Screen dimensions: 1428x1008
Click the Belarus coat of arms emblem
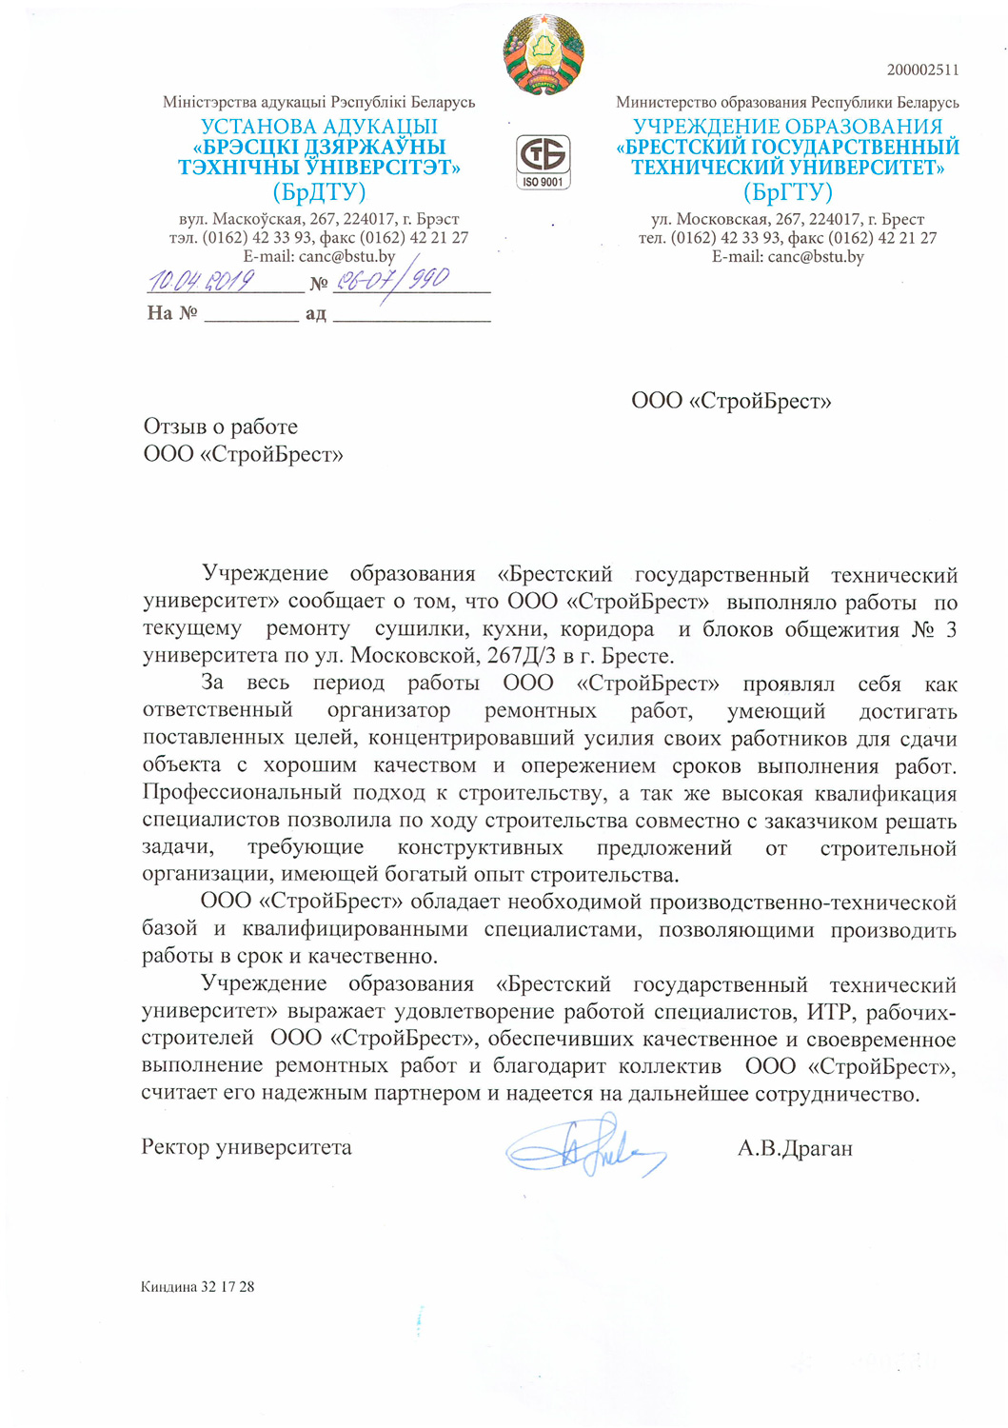coord(544,54)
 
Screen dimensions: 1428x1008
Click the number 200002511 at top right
coord(922,69)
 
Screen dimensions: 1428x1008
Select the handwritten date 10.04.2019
coord(202,280)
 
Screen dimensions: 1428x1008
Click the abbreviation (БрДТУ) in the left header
coord(319,192)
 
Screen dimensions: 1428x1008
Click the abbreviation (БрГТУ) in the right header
coord(787,192)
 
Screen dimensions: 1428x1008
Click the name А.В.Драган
coord(795,1148)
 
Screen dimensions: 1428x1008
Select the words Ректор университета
coord(247,1147)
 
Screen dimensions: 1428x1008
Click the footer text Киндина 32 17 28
coord(197,1287)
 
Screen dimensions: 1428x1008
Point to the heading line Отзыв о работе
coord(221,426)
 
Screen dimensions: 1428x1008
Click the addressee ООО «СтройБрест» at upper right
coord(731,401)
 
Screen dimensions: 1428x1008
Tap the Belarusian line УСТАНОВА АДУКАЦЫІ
coord(319,126)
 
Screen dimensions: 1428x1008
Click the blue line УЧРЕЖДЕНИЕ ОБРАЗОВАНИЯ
coord(787,126)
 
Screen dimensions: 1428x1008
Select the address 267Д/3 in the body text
coord(532,656)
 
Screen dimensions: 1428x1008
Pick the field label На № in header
coord(171,313)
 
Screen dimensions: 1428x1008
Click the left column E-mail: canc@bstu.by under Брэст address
coord(319,256)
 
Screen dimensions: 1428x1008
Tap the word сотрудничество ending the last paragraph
coord(837,1094)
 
